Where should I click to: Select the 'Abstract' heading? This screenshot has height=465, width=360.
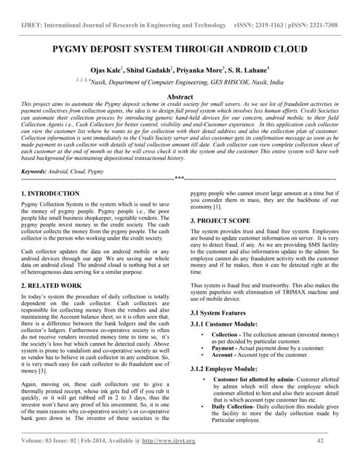click(x=180, y=97)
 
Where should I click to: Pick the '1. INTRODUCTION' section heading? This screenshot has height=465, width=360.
click(x=51, y=194)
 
